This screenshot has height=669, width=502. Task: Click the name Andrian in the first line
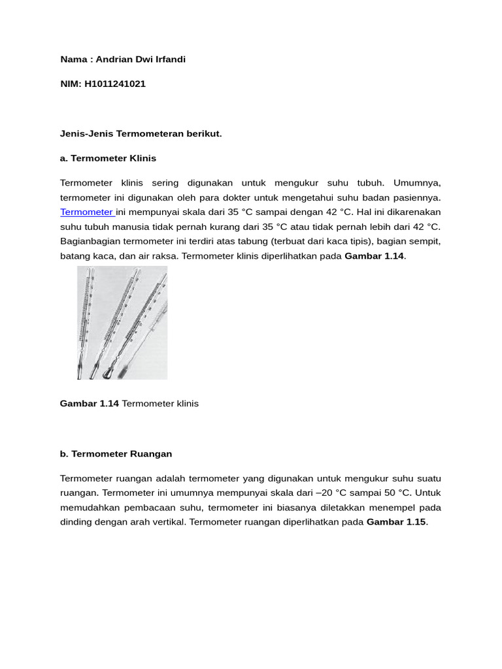coord(115,59)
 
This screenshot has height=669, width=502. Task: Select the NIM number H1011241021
coord(114,84)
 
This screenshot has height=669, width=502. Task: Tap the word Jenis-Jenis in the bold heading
coord(87,134)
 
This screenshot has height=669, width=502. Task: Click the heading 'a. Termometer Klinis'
coord(108,158)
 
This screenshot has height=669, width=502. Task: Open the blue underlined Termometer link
coord(87,212)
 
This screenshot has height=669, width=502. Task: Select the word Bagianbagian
coord(90,242)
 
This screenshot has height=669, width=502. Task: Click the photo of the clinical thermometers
coord(122,323)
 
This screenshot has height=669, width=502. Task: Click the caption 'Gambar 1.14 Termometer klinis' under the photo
coord(129,404)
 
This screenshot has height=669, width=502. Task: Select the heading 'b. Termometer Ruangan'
coord(116,454)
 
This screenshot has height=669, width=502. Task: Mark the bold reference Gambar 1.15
coord(396,522)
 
